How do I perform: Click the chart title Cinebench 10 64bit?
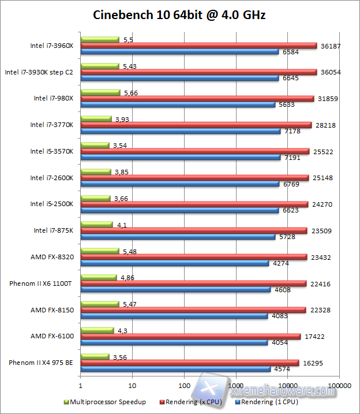pos(179,15)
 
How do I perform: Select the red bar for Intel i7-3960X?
pos(199,46)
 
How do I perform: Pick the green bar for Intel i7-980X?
pos(100,92)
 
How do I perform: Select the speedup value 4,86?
pos(126,277)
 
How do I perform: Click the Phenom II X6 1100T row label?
pos(42,284)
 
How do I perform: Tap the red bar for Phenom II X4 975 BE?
pos(190,363)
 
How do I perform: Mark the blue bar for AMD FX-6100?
pos(174,343)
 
